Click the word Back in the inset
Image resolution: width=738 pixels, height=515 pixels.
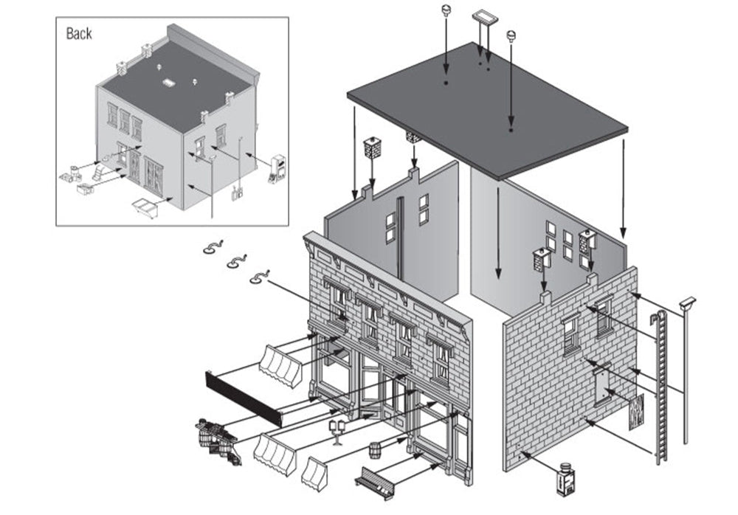[x=79, y=34]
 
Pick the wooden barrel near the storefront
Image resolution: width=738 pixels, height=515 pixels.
[x=375, y=449]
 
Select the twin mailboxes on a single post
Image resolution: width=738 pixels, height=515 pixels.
[x=337, y=429]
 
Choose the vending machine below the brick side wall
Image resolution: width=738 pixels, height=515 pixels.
[x=565, y=480]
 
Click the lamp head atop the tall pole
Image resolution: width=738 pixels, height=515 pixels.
[x=687, y=303]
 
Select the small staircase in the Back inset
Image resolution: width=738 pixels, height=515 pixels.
[x=97, y=174]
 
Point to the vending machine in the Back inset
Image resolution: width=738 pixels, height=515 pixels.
[x=277, y=168]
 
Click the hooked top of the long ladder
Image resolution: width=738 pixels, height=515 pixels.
[x=655, y=319]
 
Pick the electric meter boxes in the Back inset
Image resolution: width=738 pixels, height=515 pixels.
[x=236, y=194]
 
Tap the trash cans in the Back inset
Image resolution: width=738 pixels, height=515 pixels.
[x=75, y=176]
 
